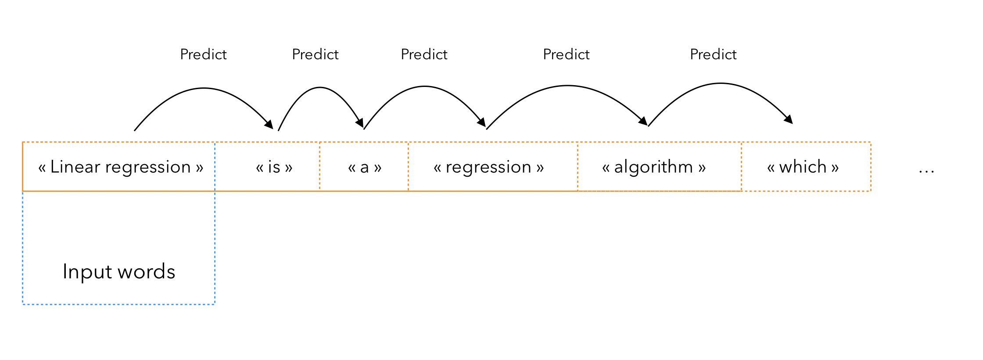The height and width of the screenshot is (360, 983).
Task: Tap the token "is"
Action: tap(274, 167)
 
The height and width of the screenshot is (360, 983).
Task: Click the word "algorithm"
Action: tap(653, 167)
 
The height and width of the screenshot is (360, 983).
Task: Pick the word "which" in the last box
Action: tap(803, 167)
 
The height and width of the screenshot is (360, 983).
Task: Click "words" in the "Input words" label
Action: tap(147, 272)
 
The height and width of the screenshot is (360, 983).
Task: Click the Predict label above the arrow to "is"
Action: tap(203, 54)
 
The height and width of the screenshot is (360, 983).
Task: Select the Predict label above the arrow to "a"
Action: tap(315, 54)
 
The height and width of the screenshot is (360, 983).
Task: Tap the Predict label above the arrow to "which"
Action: tap(713, 54)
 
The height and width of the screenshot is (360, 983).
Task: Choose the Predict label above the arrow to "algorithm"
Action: tap(566, 54)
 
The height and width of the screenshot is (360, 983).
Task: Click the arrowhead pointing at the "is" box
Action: tap(269, 124)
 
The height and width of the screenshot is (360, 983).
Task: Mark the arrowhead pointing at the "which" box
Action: tap(789, 119)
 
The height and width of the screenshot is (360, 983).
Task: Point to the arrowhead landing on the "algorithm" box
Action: tap(643, 121)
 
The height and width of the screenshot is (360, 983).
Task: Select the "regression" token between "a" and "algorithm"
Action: tap(488, 168)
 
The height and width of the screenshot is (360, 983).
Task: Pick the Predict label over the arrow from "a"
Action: tap(424, 54)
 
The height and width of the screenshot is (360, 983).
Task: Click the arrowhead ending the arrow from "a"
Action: tap(481, 122)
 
